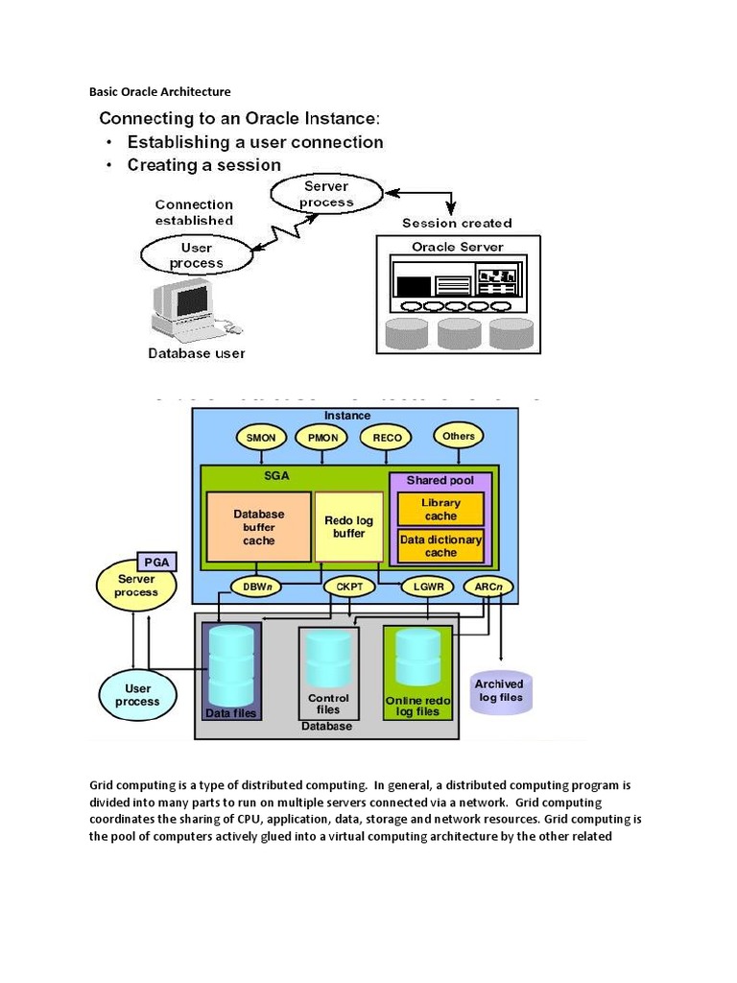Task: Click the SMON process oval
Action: tap(261, 437)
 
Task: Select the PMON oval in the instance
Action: tap(322, 437)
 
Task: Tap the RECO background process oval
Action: tap(386, 437)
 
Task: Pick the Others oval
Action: tap(458, 436)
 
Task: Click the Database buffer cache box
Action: tap(259, 527)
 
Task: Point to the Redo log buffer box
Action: tap(349, 526)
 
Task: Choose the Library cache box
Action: tap(441, 510)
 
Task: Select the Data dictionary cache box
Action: tap(441, 545)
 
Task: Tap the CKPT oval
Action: tap(343, 586)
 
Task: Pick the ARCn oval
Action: tap(487, 586)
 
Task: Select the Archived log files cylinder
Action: tap(499, 691)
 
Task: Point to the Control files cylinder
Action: tap(328, 662)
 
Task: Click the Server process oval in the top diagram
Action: tap(326, 195)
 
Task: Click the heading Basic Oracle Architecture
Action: tap(160, 92)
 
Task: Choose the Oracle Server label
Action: tap(457, 247)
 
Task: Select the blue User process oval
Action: tap(137, 695)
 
